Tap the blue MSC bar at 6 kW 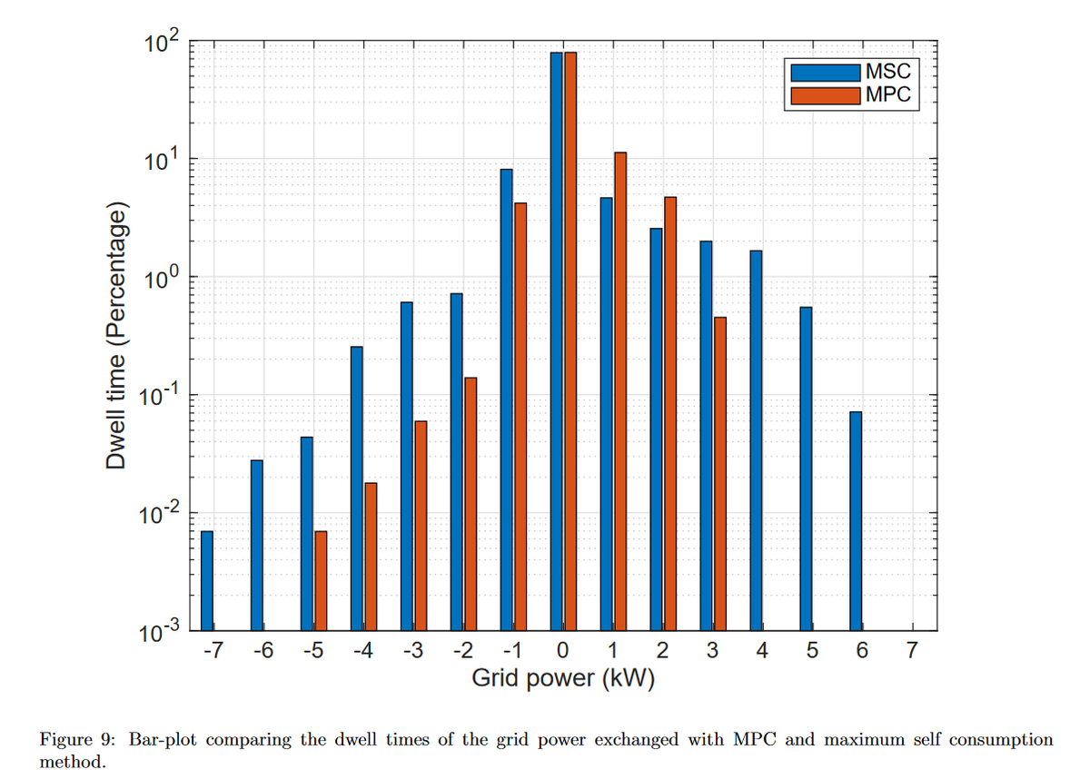856,521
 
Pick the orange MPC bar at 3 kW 720,473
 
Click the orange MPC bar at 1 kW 620,390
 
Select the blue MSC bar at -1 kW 507,399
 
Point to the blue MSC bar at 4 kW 756,440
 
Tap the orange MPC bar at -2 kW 471,504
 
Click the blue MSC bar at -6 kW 257,545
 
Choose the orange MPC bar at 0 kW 570,340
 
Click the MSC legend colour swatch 825,71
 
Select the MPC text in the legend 887,94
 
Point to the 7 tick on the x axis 912,650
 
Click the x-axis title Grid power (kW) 563,679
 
